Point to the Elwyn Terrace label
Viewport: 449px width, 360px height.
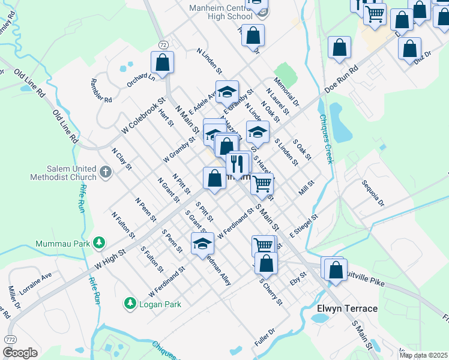coord(347,308)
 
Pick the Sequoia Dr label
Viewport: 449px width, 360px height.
coord(372,193)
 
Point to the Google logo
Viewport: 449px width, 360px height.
coord(20,353)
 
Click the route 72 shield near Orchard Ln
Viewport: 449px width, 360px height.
coord(163,45)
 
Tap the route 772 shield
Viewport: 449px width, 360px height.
coord(10,340)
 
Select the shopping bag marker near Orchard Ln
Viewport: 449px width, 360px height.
coord(162,62)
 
